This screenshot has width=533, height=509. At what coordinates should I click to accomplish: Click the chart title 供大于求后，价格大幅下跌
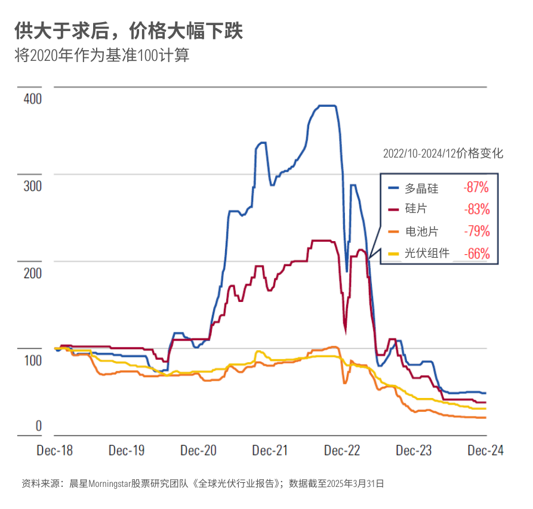click(x=128, y=31)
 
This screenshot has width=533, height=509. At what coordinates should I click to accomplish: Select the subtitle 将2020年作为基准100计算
click(x=101, y=55)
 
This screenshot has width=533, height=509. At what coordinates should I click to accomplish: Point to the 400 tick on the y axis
click(x=33, y=99)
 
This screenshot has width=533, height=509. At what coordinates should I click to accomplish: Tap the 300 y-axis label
click(x=33, y=186)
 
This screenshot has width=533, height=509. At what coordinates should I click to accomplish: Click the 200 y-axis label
click(x=33, y=273)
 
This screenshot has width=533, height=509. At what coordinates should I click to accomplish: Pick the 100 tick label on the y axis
click(x=33, y=360)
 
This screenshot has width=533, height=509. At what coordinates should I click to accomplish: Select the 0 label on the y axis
click(x=39, y=425)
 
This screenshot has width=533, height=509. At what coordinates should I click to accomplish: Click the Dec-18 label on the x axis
click(x=55, y=451)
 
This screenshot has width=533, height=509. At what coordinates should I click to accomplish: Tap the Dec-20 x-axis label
click(x=198, y=451)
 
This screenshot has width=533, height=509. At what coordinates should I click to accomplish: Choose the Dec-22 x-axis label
click(x=342, y=451)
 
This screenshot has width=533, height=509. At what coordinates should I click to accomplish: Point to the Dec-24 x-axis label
click(x=485, y=451)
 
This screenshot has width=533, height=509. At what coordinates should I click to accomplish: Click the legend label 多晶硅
click(x=421, y=188)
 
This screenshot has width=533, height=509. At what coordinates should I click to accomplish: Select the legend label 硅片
click(x=416, y=208)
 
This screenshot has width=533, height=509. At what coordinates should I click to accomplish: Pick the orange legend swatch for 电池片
click(x=393, y=232)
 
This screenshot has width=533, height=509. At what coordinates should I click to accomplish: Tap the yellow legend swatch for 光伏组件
click(x=393, y=254)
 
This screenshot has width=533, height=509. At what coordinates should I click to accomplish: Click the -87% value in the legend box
click(x=476, y=187)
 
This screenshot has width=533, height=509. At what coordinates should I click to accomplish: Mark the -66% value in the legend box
click(x=477, y=254)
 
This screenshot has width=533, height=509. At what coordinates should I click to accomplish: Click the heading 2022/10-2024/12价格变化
click(x=443, y=153)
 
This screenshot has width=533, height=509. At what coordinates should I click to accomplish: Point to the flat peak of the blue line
click(x=327, y=106)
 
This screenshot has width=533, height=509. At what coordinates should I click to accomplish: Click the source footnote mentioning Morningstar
click(x=203, y=483)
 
